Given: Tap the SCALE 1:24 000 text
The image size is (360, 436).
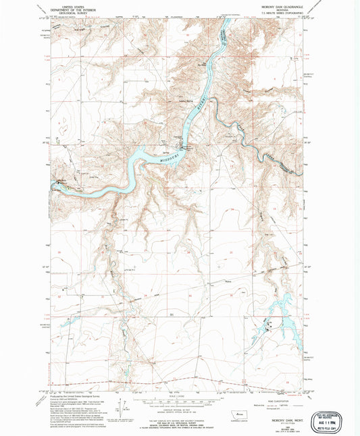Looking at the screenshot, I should (179, 397).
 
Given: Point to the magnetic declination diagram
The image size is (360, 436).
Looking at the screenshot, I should (123, 408).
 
